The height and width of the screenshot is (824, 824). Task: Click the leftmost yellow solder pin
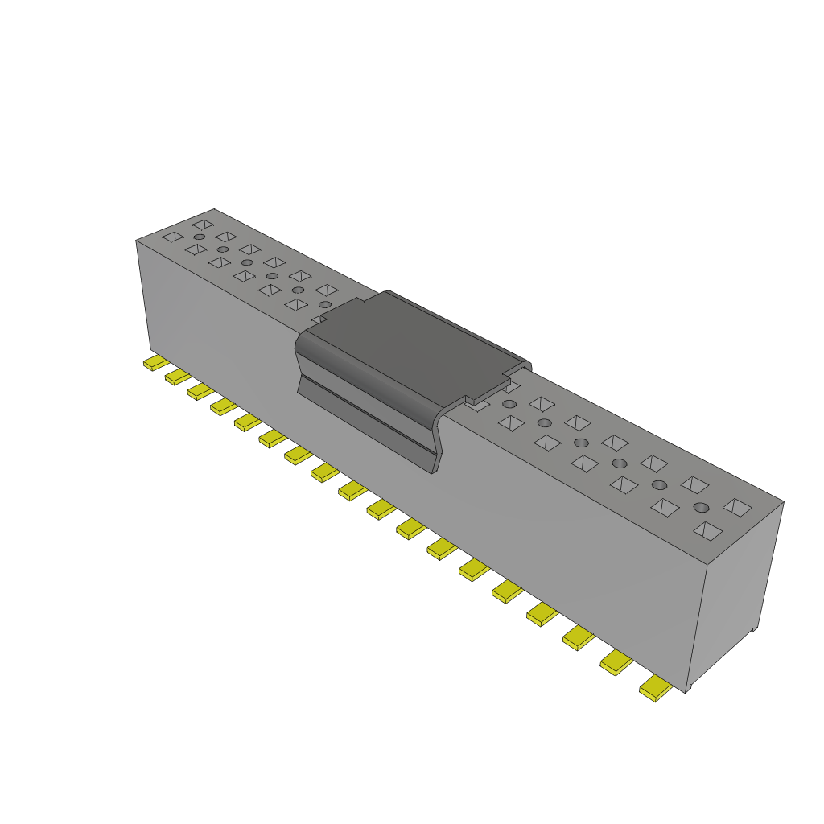coord(155,363)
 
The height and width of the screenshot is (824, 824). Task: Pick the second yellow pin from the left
coord(177,377)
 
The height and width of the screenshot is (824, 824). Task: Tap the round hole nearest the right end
coord(701,507)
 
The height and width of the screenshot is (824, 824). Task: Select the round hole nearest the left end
coord(199,237)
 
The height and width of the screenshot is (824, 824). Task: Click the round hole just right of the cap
coord(509,403)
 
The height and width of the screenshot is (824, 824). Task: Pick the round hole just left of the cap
coord(325,304)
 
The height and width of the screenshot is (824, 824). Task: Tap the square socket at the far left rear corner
coord(203,225)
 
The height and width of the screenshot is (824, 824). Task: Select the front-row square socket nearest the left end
coord(172,237)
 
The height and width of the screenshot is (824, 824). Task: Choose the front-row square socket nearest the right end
coord(707,530)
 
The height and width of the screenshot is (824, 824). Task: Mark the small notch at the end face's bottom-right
coord(753,629)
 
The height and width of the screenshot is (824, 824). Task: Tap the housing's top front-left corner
coord(136,240)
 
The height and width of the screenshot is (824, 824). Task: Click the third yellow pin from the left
coord(200,390)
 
